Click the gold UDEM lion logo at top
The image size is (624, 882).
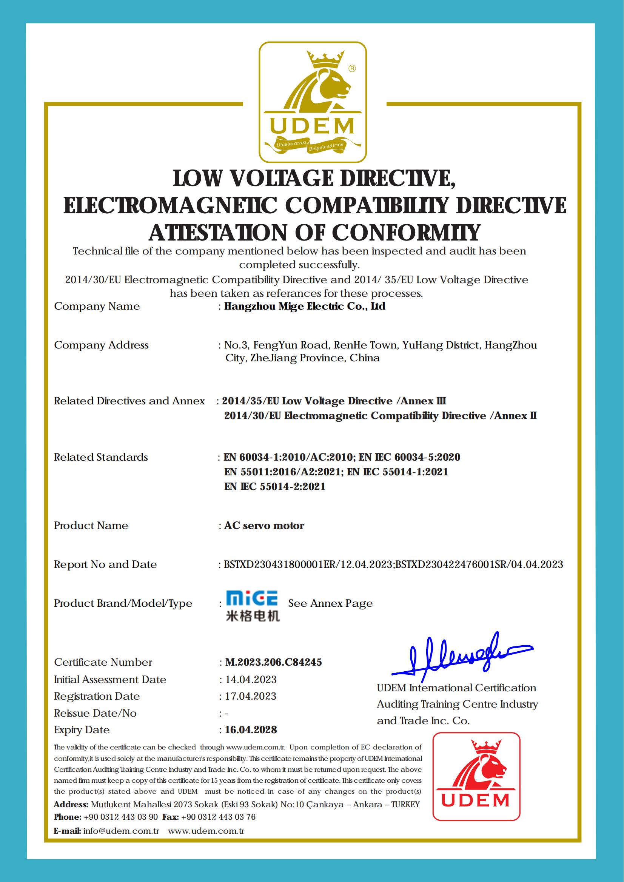pyautogui.click(x=313, y=102)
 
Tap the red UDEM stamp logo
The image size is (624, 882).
pyautogui.click(x=476, y=776)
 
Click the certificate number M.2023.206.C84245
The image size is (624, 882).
pyautogui.click(x=273, y=662)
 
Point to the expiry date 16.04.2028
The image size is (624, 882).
pyautogui.click(x=251, y=730)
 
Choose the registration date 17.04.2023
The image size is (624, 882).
pyautogui.click(x=251, y=696)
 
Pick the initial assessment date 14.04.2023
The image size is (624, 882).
pyautogui.click(x=251, y=680)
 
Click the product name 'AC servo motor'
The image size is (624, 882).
pyautogui.click(x=264, y=525)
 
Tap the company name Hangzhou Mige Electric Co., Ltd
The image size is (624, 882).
pyautogui.click(x=304, y=306)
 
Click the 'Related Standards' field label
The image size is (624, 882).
pyautogui.click(x=101, y=457)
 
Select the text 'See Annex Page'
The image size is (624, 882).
pyautogui.click(x=330, y=603)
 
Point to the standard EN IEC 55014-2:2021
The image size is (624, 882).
pyautogui.click(x=275, y=487)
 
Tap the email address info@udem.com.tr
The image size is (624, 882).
pyautogui.click(x=121, y=831)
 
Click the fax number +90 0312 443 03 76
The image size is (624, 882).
pyautogui.click(x=218, y=817)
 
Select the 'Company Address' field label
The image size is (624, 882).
pyautogui.click(x=101, y=345)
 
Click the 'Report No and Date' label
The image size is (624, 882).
pyautogui.click(x=105, y=564)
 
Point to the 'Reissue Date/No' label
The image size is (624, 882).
pyautogui.click(x=95, y=713)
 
